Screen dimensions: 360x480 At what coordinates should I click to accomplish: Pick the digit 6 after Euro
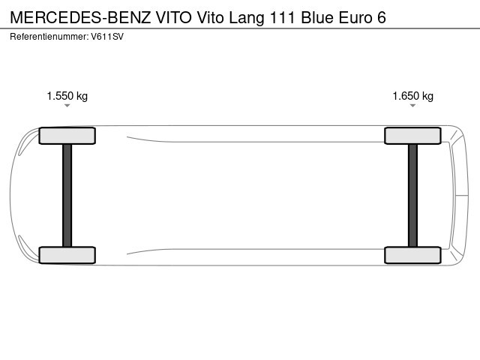[x=382, y=16]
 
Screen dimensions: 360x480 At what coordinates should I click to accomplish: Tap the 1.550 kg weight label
[x=67, y=96]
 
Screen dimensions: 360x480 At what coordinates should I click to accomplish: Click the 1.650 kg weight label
[x=412, y=96]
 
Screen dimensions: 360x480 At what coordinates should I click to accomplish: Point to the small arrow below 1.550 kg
[x=67, y=106]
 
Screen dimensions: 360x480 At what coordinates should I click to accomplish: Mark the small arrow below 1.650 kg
[x=412, y=106]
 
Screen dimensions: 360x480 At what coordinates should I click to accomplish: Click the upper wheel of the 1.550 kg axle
[x=67, y=136]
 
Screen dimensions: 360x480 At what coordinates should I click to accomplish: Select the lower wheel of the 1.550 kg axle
[x=67, y=255]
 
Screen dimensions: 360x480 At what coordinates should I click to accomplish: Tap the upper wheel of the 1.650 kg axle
[x=412, y=136]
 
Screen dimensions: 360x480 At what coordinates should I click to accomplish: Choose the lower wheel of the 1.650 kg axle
[x=412, y=255]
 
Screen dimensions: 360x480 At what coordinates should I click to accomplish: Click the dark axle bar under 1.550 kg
[x=67, y=195]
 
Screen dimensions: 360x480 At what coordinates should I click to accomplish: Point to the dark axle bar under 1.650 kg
[x=412, y=195]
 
